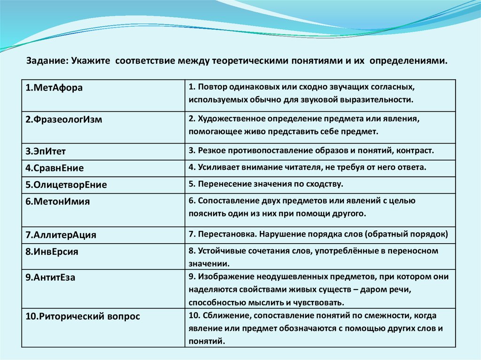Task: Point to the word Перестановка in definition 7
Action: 222,233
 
